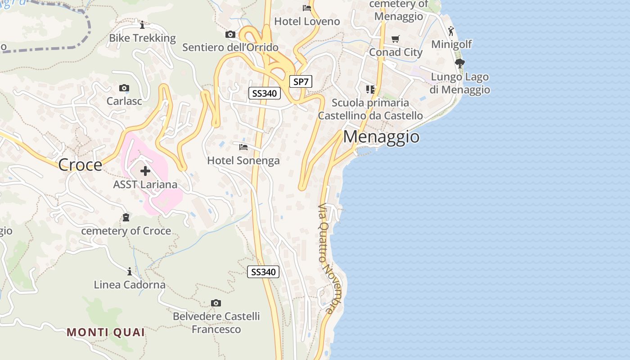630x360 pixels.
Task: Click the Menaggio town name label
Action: (x=381, y=137)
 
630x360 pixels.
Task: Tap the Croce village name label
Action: (x=80, y=165)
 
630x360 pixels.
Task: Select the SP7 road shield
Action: (x=300, y=81)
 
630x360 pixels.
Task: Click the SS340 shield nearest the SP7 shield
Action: (x=265, y=94)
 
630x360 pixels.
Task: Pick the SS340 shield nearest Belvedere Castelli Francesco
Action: (x=263, y=272)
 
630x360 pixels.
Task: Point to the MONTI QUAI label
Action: (x=106, y=333)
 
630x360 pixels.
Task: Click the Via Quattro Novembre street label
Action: (x=327, y=259)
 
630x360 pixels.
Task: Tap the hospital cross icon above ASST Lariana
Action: (x=145, y=171)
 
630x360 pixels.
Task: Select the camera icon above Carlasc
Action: (x=124, y=88)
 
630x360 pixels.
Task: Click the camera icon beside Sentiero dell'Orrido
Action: (x=230, y=35)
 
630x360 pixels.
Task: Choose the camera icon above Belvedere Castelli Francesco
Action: (x=216, y=303)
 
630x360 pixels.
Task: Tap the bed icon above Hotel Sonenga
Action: (x=243, y=147)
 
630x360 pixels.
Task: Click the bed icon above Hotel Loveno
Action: (x=307, y=8)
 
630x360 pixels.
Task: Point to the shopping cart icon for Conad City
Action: (x=396, y=39)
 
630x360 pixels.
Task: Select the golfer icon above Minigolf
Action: (x=451, y=31)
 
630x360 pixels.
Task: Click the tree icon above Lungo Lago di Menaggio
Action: (x=459, y=63)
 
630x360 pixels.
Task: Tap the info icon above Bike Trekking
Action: (x=142, y=25)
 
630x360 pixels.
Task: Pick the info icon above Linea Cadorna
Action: (x=130, y=271)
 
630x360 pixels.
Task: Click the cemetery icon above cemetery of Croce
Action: (x=126, y=218)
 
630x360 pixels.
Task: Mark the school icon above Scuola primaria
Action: (x=370, y=90)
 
